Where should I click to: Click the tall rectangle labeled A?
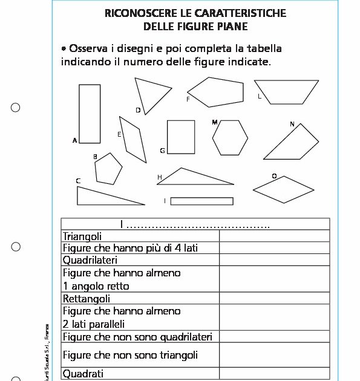click(x=90, y=114)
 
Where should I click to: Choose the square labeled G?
click(x=181, y=137)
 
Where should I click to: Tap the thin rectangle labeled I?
click(x=201, y=201)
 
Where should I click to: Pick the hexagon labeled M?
click(x=230, y=137)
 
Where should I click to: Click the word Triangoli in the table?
click(x=82, y=236)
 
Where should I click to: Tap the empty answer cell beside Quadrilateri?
click(x=274, y=260)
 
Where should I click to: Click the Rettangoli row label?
click(x=87, y=299)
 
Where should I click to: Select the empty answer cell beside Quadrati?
click(x=274, y=374)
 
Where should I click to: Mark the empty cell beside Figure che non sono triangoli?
click(x=274, y=355)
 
